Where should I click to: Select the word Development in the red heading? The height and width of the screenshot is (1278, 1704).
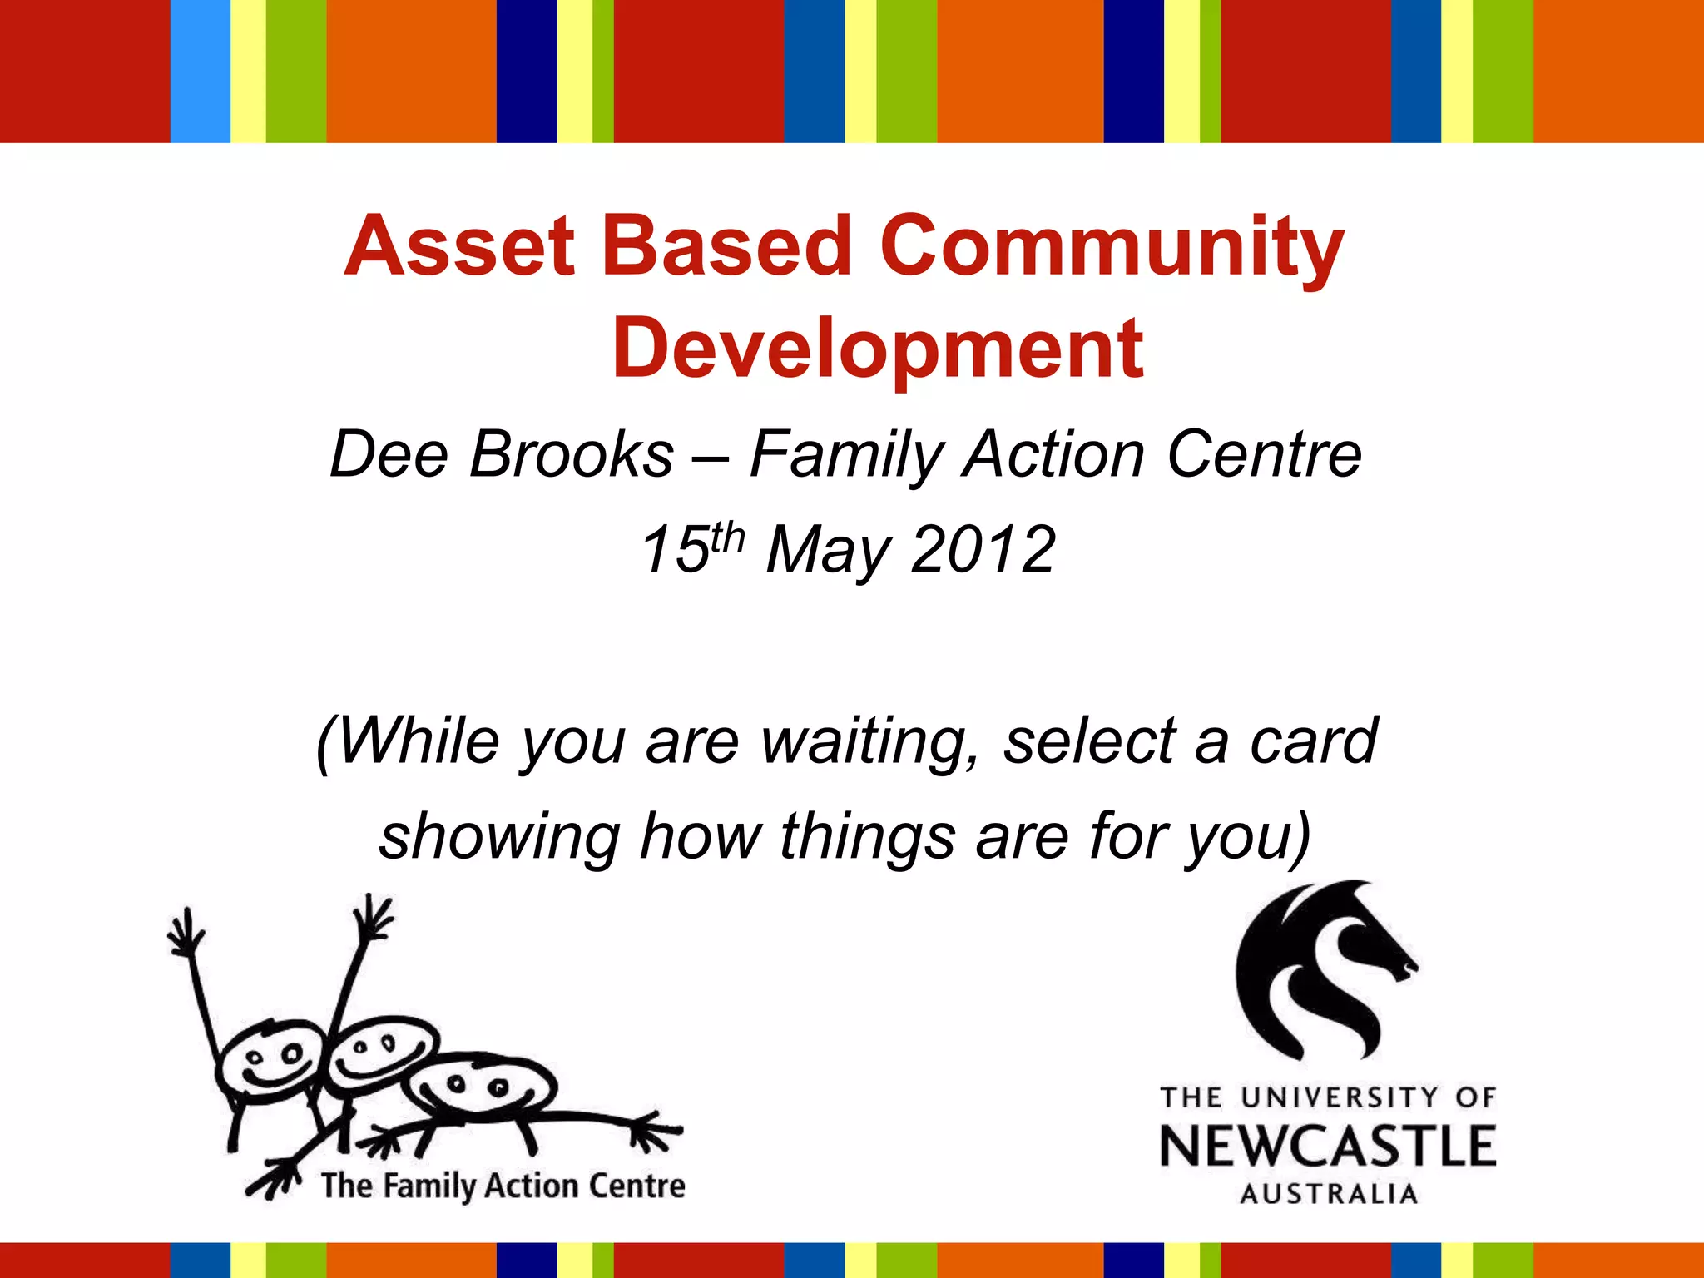[x=877, y=349]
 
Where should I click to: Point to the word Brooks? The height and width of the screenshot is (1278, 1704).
[x=571, y=455]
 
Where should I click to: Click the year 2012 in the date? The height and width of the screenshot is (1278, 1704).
[x=983, y=550]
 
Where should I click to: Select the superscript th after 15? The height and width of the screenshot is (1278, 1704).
[x=727, y=537]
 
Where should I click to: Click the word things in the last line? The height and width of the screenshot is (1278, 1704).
[x=867, y=837]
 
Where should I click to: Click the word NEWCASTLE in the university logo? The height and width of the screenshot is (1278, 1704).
[x=1328, y=1146]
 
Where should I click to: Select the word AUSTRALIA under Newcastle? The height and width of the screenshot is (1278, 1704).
[x=1328, y=1194]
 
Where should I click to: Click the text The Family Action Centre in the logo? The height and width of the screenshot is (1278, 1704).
[x=503, y=1186]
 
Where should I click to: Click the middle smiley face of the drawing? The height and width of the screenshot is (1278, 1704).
[x=379, y=1053]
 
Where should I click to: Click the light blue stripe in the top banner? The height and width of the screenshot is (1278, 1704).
[x=200, y=71]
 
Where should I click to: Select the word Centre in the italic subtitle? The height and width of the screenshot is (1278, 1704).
[x=1264, y=455]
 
